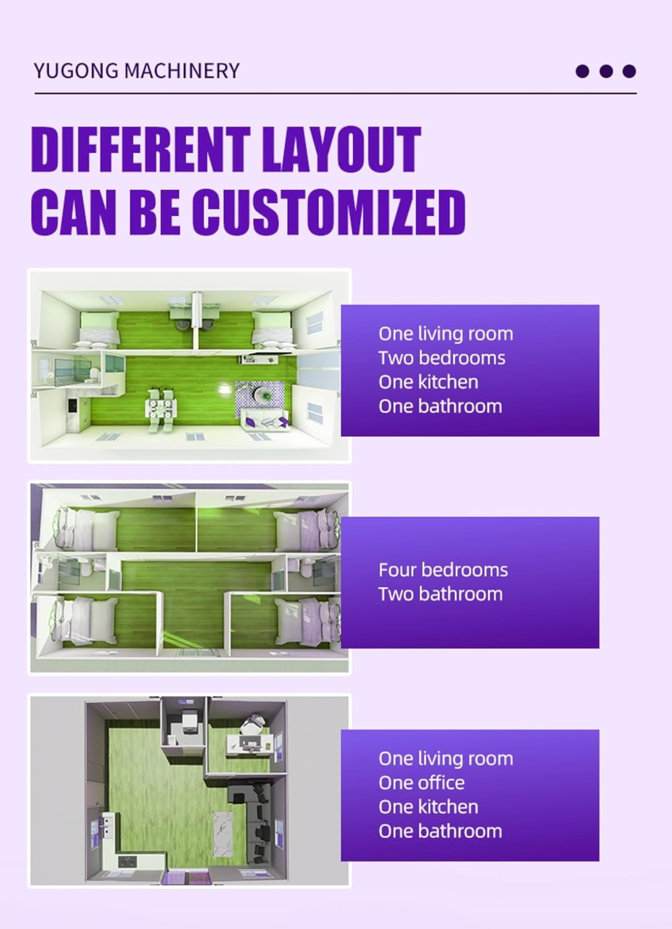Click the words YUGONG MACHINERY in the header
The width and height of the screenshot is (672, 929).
136,71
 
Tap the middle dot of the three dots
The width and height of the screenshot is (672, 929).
606,71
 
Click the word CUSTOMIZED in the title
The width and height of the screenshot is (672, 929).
328,212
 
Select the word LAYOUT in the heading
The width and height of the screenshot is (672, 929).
341,149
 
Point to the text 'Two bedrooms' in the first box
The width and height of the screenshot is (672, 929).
442,358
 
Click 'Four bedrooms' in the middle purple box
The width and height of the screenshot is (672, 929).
443,570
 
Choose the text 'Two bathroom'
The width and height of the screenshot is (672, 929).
441,594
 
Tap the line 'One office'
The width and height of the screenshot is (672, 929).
421,783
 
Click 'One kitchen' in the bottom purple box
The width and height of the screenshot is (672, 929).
428,807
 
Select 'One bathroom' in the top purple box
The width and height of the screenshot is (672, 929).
440,406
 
